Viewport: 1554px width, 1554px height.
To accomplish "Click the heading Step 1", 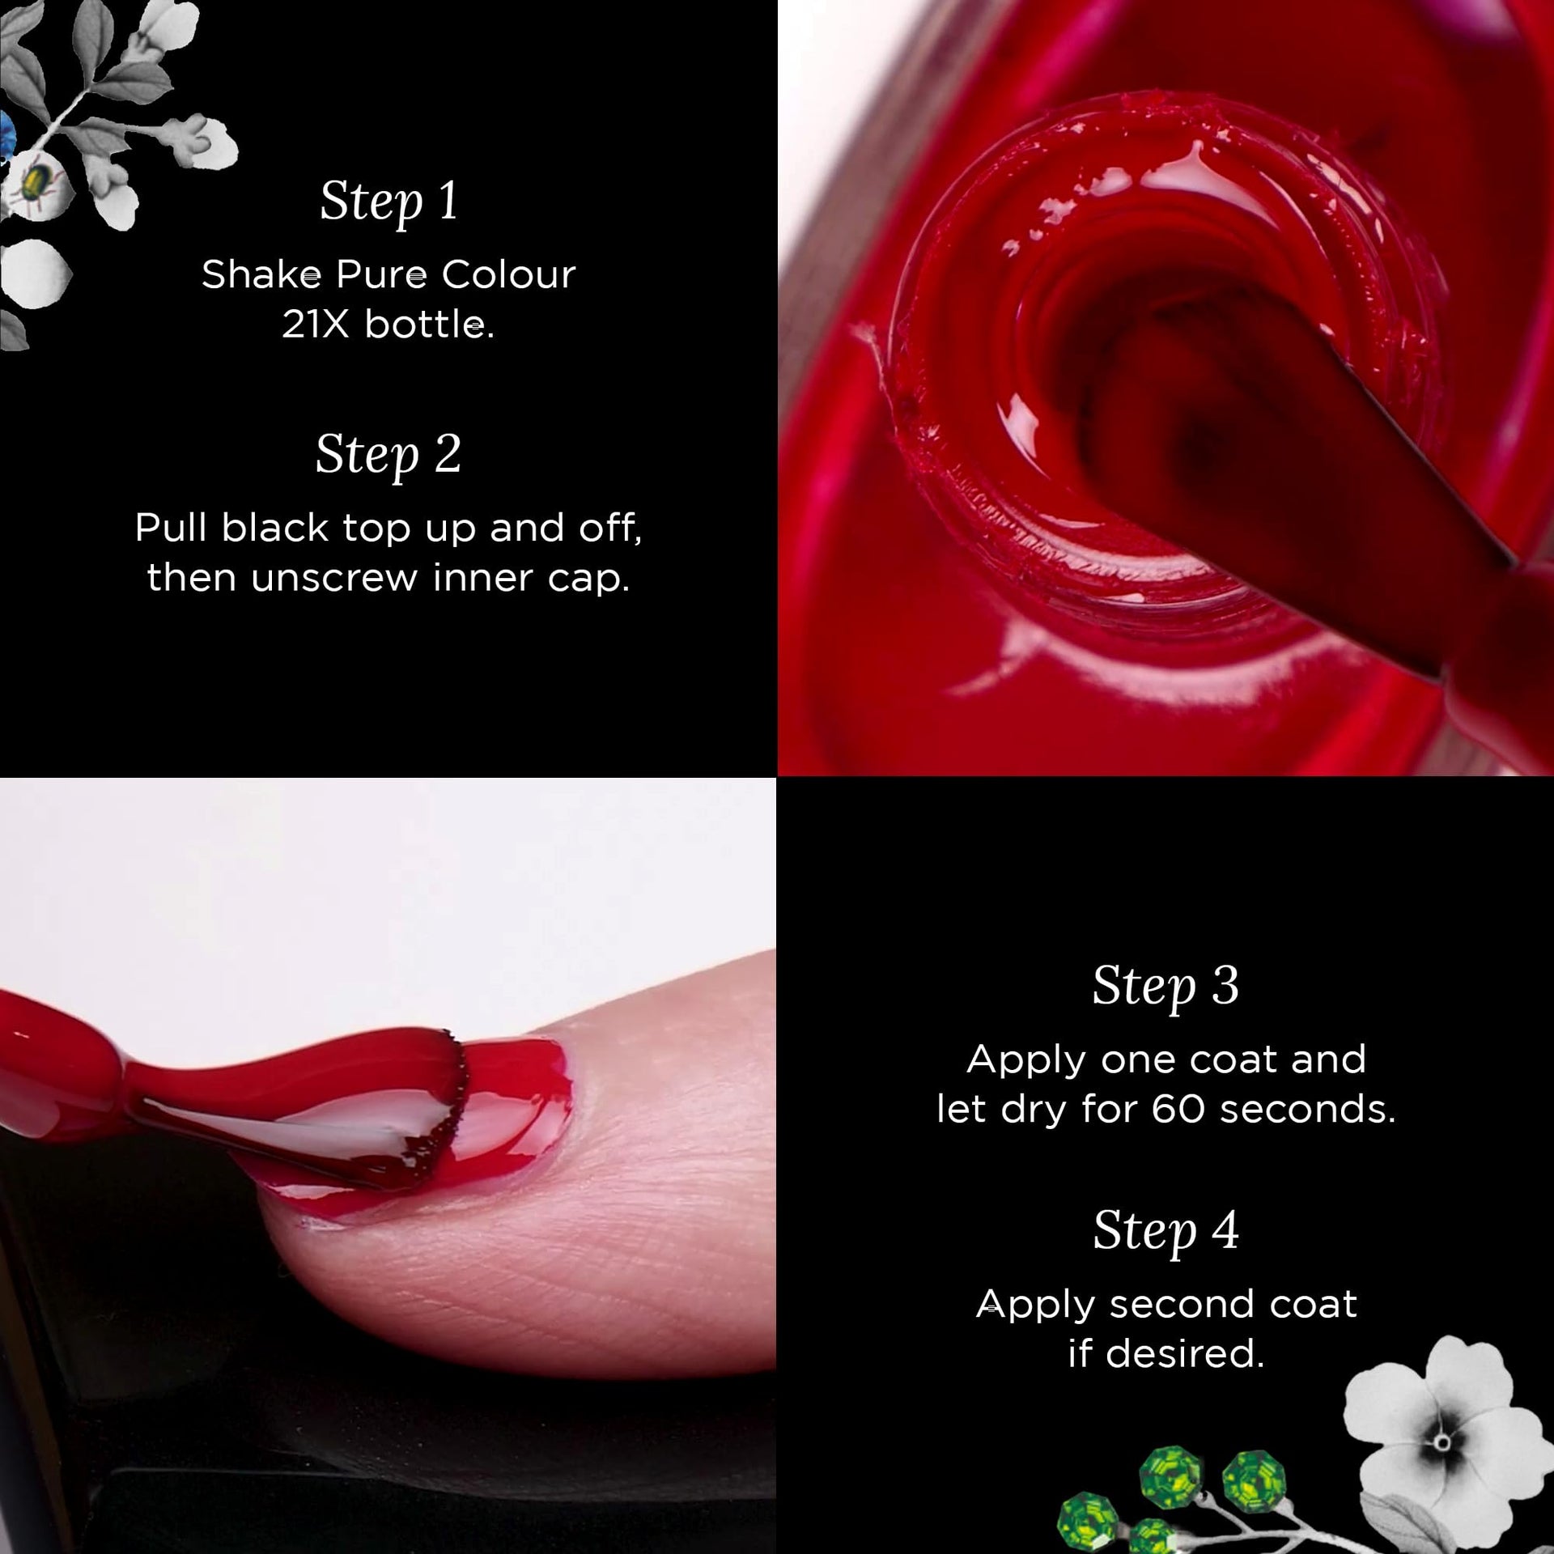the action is (x=389, y=202).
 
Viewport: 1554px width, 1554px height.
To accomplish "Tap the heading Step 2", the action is (x=388, y=455).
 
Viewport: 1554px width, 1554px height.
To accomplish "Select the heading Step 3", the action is (x=1165, y=987).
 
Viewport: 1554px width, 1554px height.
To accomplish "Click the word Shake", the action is (x=261, y=274).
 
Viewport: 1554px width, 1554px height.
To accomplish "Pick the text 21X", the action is (x=316, y=325).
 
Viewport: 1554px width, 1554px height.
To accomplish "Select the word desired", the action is (x=1185, y=1353).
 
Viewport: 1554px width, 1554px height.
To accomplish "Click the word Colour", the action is (x=508, y=274).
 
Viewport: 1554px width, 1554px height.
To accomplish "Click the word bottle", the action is (x=429, y=325).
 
